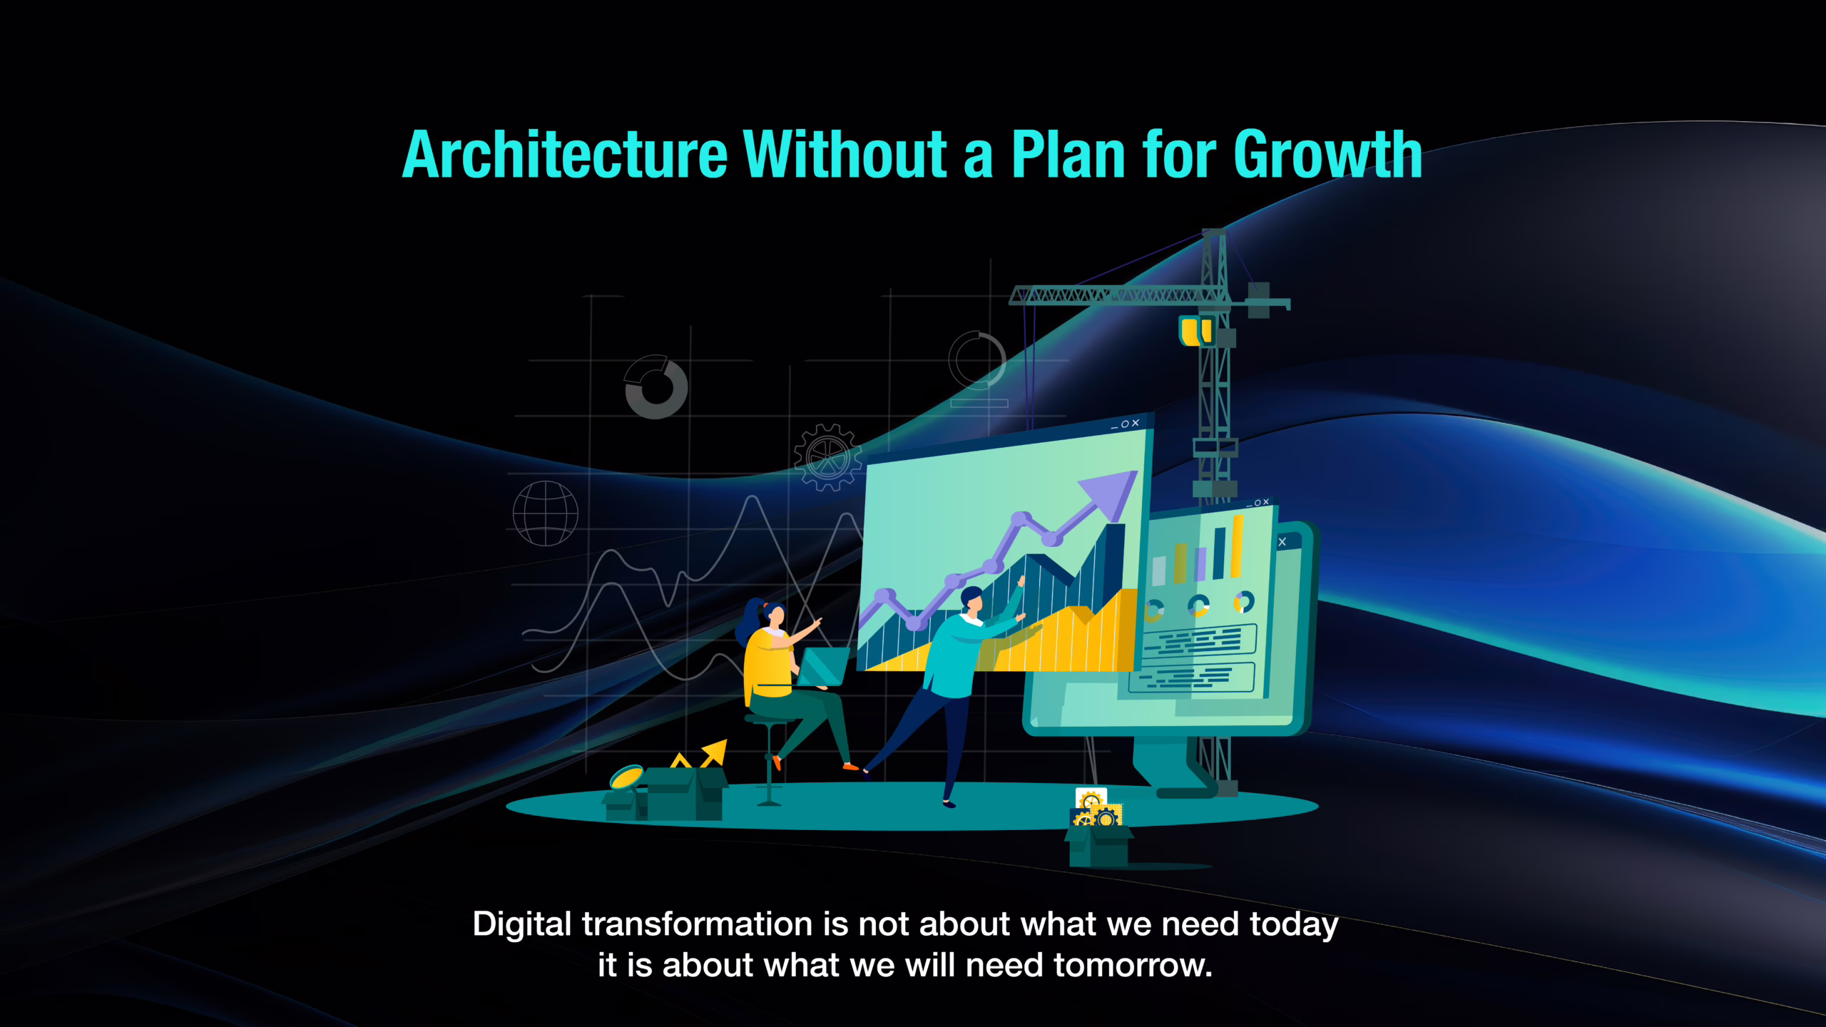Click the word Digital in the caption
click(522, 925)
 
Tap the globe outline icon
click(546, 513)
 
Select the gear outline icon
click(827, 457)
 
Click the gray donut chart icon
click(656, 387)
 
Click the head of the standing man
click(972, 599)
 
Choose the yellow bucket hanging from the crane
click(1195, 331)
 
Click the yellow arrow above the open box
click(714, 752)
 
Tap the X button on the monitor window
click(1282, 542)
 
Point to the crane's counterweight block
click(1259, 300)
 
